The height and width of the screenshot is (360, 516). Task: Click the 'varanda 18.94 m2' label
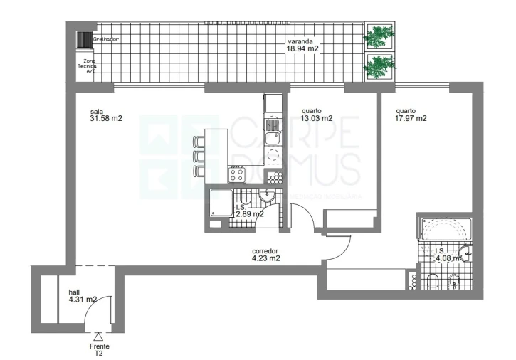pos(302,45)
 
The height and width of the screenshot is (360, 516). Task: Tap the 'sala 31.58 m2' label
pos(107,115)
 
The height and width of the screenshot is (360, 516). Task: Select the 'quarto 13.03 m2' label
pos(317,115)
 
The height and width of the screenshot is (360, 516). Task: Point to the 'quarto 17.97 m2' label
pos(411,115)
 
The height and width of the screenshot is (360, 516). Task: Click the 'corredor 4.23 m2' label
pos(265,255)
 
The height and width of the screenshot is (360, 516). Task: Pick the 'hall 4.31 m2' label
pos(83,295)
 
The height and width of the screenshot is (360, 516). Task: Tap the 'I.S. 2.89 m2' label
pos(250,209)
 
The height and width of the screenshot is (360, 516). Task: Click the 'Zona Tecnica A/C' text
pos(90,66)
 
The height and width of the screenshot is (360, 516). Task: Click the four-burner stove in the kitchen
pos(237,172)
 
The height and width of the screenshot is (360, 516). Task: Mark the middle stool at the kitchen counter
pos(199,154)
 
